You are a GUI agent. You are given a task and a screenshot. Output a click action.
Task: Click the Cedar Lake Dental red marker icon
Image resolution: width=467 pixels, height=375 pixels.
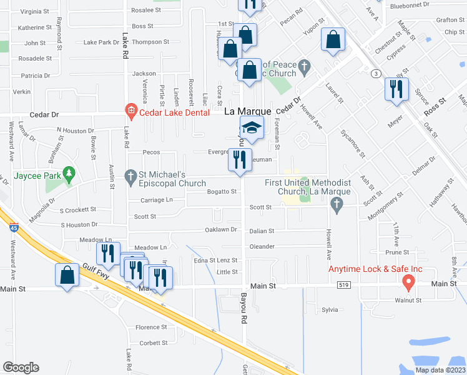130,112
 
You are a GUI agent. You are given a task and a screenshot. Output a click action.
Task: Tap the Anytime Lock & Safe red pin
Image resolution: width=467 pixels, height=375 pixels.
408,282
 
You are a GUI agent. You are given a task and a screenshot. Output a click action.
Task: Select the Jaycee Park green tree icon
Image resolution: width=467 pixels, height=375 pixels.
70,176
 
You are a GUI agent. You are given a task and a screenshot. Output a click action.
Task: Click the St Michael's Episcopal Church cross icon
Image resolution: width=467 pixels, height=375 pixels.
131,177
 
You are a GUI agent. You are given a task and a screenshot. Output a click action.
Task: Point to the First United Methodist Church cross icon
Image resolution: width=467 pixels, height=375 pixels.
337,204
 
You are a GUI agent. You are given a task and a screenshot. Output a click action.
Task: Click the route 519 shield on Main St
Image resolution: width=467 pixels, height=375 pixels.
347,285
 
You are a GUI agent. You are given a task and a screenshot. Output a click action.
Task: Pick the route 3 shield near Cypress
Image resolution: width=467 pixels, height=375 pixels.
376,73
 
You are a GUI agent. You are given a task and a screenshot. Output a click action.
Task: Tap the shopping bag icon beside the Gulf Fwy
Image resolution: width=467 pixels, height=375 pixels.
67,276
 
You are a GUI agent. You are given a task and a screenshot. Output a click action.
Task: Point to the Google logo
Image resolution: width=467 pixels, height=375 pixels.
21,367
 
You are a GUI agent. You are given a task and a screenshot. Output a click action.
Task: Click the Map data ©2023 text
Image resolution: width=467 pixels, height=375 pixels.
440,370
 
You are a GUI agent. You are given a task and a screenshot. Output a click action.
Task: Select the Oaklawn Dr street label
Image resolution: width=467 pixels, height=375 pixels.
222,229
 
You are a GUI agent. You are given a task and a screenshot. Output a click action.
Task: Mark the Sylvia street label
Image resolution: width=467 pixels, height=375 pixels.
329,309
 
